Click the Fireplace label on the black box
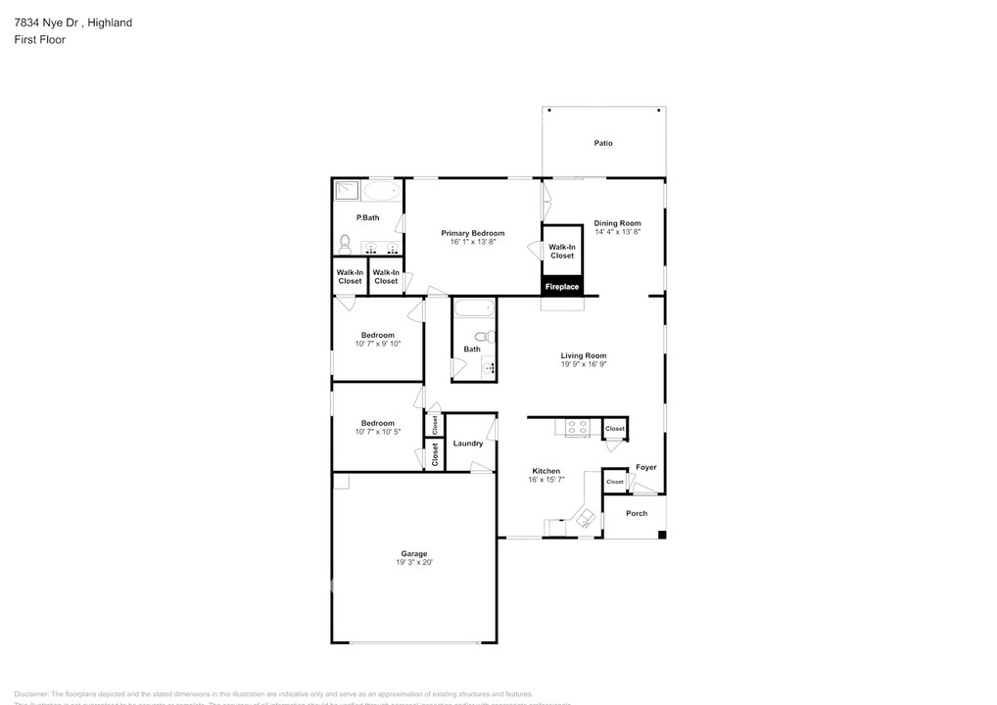click(x=562, y=287)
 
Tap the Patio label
click(x=603, y=143)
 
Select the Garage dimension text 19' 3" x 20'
click(x=413, y=562)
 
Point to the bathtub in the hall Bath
click(x=474, y=309)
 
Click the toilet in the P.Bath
click(x=345, y=242)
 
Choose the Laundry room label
click(x=468, y=444)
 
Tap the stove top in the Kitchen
click(x=578, y=427)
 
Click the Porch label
click(x=637, y=513)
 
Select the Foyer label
click(x=646, y=467)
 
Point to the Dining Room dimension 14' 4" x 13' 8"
click(x=617, y=232)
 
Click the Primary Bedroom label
click(x=473, y=233)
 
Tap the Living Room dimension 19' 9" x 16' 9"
click(x=584, y=364)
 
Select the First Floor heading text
click(x=40, y=39)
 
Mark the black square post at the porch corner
click(x=662, y=535)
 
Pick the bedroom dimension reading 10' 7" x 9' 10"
click(x=378, y=344)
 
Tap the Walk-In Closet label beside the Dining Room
click(x=562, y=252)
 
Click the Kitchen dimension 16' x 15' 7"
click(x=546, y=480)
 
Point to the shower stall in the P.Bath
click(x=348, y=190)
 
